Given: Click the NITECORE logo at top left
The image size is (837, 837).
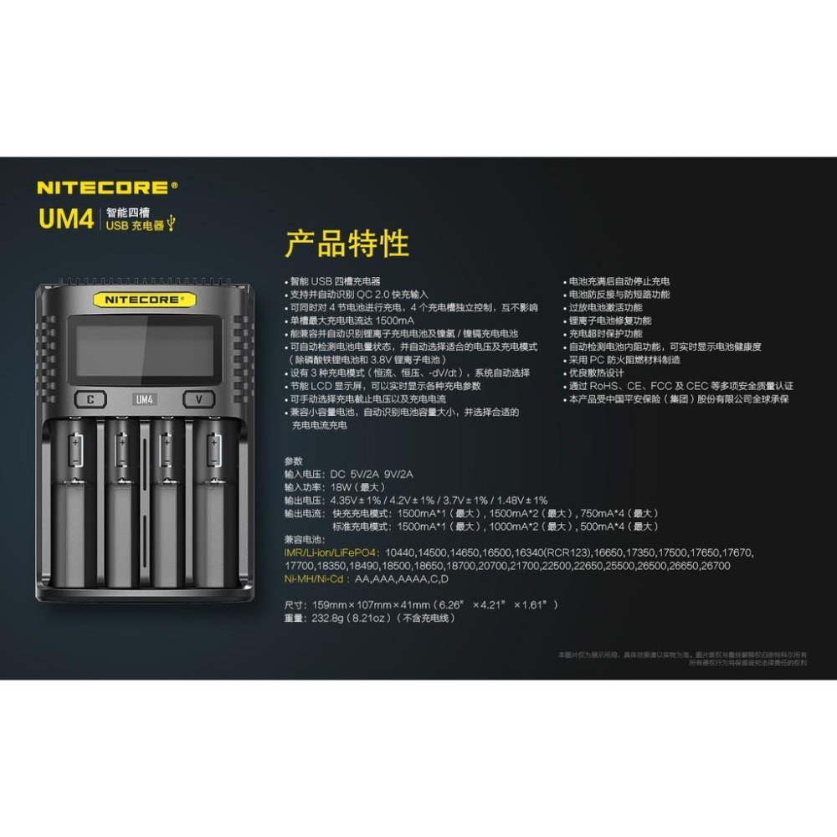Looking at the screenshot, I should (107, 187).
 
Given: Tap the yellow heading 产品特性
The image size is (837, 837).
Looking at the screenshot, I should (347, 244).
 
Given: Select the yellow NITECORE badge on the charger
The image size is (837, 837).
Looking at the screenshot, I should (144, 299).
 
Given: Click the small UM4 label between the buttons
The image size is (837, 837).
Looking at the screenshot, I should (144, 399).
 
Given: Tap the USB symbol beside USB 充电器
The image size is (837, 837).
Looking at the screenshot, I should (172, 224).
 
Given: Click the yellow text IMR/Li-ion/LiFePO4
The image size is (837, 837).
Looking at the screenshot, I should (331, 552).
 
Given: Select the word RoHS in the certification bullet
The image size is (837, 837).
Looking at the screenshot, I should (606, 386).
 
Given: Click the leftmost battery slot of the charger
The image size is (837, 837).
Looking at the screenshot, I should (76, 502).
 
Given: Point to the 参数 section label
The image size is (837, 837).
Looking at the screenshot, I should (293, 460).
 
